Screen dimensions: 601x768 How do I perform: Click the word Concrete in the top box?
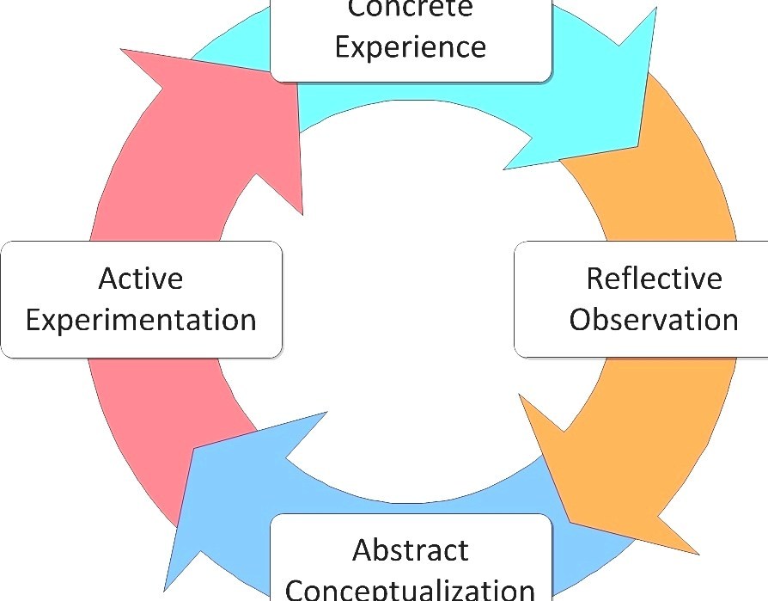click(410, 9)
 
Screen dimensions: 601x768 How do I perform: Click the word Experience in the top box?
click(410, 46)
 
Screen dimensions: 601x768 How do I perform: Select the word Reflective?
click(654, 279)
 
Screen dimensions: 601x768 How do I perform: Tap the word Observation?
click(654, 320)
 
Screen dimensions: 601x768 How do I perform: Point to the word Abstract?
click(411, 549)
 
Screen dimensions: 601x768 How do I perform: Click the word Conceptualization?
click(411, 590)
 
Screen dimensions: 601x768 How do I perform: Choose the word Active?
click(140, 279)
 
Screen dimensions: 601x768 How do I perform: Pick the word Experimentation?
click(141, 320)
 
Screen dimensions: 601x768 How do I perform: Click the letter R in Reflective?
click(595, 279)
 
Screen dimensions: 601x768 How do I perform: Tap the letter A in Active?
click(107, 279)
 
